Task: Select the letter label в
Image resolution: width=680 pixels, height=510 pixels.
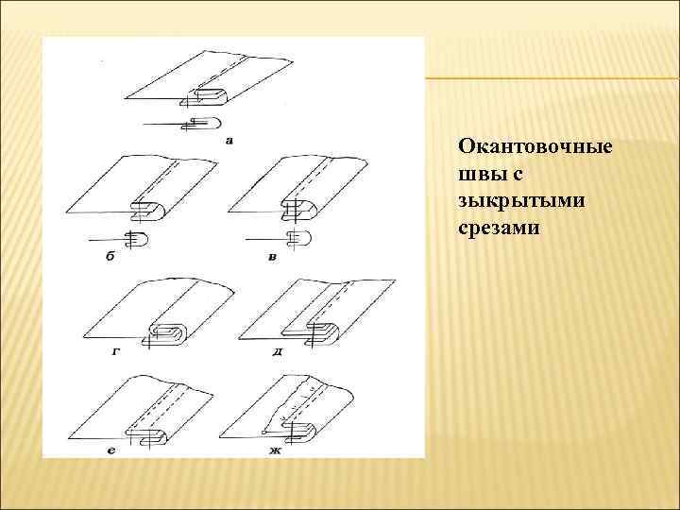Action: point(272,256)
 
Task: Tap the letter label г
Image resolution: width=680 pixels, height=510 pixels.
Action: point(114,350)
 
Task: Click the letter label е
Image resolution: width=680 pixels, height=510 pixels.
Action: point(111,451)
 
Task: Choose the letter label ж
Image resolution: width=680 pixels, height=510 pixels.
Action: point(275,451)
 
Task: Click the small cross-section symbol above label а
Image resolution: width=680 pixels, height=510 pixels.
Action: point(198,122)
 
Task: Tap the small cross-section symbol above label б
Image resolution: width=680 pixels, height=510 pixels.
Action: point(135,238)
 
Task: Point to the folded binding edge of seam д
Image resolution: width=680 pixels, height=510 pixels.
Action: point(327,333)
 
